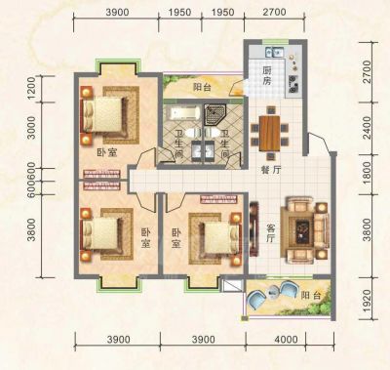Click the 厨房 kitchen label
pos(267,75)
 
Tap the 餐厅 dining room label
pos(271,170)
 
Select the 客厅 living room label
pos(270,232)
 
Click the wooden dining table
pos(269,133)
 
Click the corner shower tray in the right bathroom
pos(214,114)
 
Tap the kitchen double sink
pos(275,52)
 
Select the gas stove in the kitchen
pos(294,83)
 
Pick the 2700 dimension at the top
pos(274,12)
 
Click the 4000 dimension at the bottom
pos(286,340)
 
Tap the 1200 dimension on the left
pos(31,88)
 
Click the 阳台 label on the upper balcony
pos(202,87)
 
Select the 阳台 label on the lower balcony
pos(311,295)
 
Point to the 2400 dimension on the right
pos(367,128)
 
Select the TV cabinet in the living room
pos(253,228)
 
